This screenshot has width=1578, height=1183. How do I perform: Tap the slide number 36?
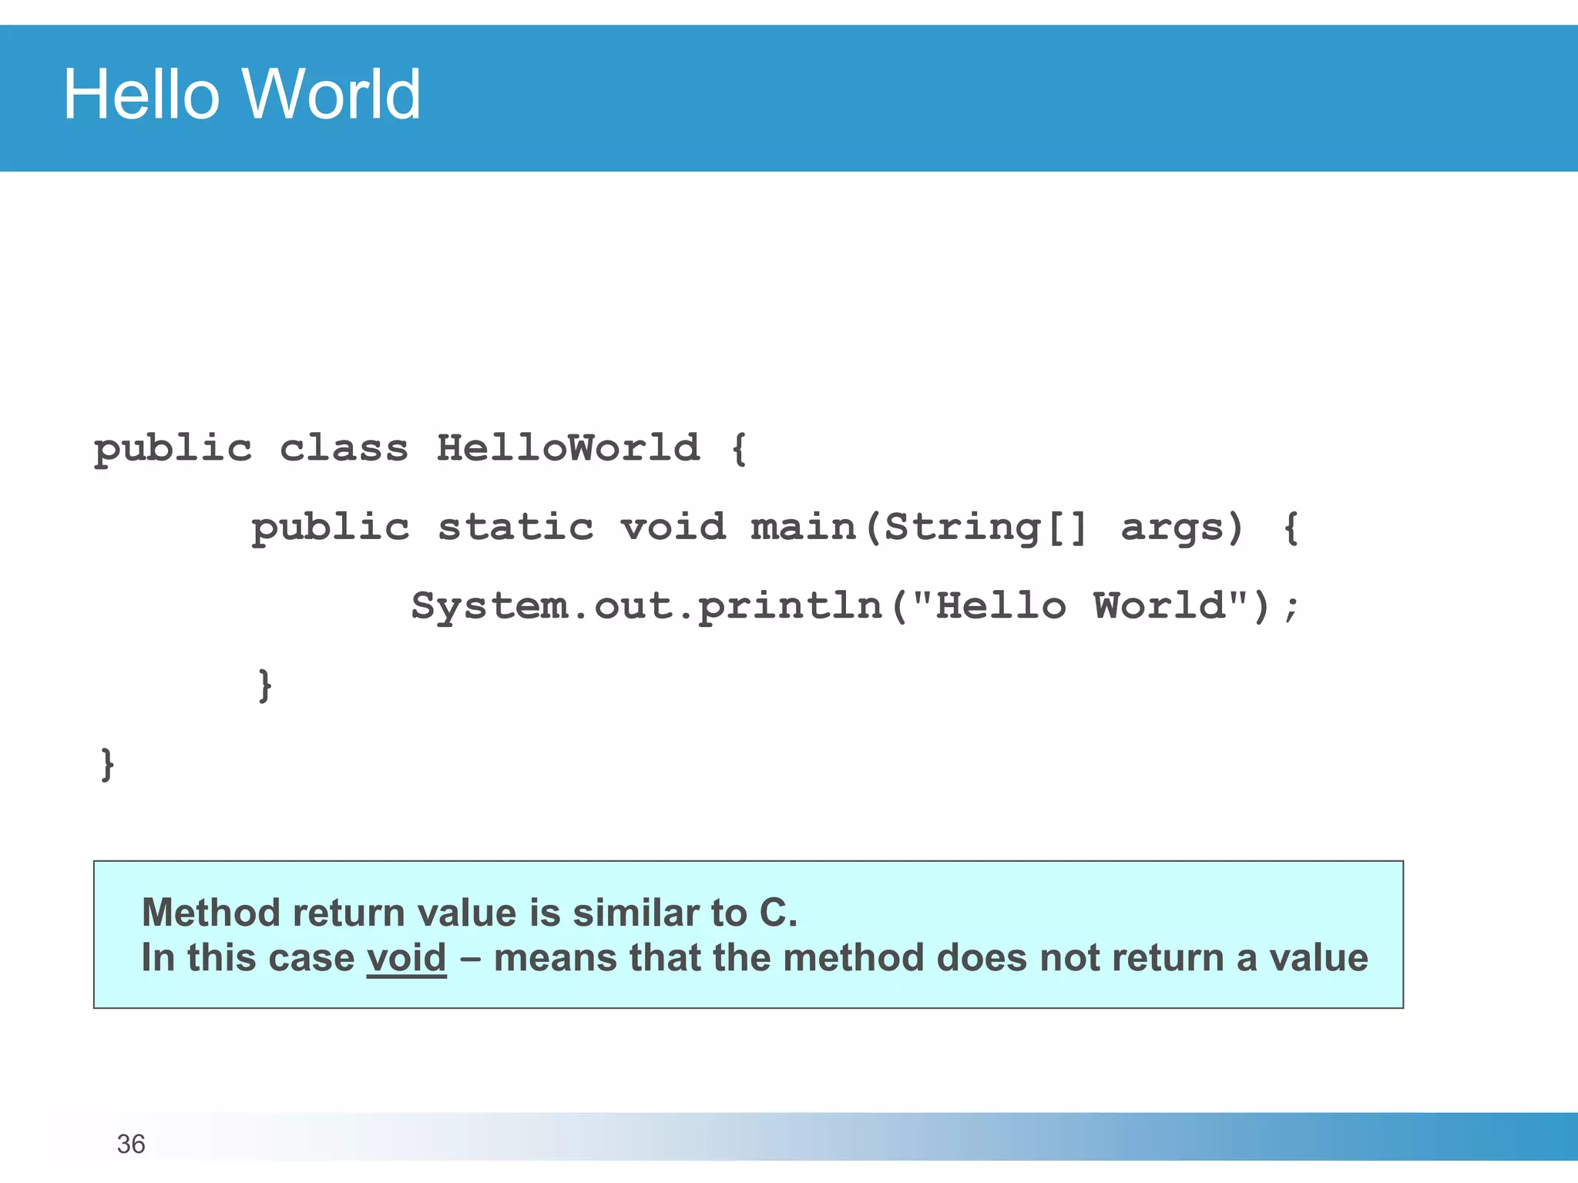click(x=131, y=1144)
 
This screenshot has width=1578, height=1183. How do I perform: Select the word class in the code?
click(x=344, y=448)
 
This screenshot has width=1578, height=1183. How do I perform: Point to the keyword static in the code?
click(x=515, y=528)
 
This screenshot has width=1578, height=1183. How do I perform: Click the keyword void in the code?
click(x=673, y=528)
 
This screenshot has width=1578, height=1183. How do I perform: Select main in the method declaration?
click(x=804, y=528)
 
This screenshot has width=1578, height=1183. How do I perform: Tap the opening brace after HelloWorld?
click(x=739, y=448)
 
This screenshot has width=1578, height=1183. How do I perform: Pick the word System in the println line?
click(x=489, y=607)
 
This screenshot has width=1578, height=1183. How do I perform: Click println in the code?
click(x=790, y=607)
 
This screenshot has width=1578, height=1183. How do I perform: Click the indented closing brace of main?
click(x=264, y=685)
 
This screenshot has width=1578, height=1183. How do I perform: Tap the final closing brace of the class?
click(x=107, y=765)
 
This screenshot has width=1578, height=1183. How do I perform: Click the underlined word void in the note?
click(x=406, y=958)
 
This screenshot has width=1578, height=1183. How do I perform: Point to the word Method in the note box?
click(x=210, y=913)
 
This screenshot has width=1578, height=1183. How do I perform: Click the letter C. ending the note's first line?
click(x=777, y=913)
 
